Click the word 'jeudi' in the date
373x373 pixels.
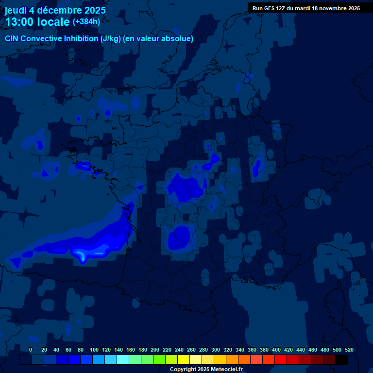coord(16,10)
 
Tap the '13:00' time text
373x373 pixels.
coord(19,22)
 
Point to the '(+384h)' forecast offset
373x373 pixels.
coord(86,22)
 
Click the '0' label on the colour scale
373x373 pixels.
coord(31,350)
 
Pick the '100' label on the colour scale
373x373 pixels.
coord(94,350)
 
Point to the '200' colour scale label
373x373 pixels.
coord(155,350)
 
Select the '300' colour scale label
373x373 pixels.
coord(216,350)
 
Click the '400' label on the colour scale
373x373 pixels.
coord(276,350)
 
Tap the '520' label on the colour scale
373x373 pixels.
coord(349,350)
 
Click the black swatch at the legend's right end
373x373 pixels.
coord(341,359)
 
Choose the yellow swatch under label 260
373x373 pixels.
coord(184,359)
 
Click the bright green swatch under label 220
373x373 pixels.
coord(159,359)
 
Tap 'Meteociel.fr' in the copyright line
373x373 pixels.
coord(227,369)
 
